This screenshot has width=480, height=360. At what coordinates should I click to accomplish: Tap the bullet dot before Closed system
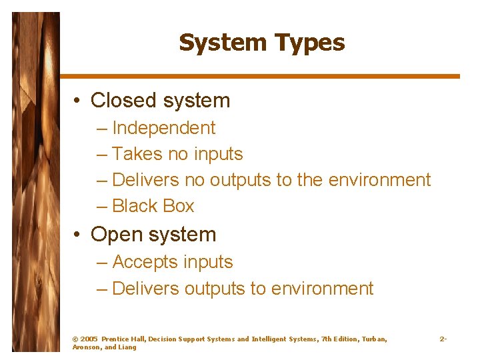pyautogui.click(x=78, y=101)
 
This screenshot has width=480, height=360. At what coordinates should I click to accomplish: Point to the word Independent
pyautogui.click(x=164, y=128)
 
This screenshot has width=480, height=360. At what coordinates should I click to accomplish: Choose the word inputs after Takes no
pyautogui.click(x=218, y=154)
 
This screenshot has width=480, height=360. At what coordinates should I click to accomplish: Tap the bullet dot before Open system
pyautogui.click(x=78, y=235)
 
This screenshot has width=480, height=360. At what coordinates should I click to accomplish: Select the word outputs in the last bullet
pyautogui.click(x=215, y=289)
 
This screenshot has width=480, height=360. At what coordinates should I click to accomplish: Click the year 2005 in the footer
pyautogui.click(x=89, y=339)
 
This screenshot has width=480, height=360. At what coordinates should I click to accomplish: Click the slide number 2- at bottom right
pyautogui.click(x=443, y=339)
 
